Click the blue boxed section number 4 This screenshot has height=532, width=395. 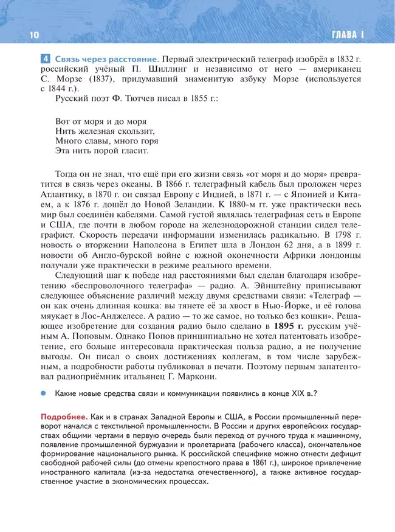46,59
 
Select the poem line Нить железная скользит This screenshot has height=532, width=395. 105,130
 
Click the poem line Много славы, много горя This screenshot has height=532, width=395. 106,140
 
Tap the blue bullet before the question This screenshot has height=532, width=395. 44,393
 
